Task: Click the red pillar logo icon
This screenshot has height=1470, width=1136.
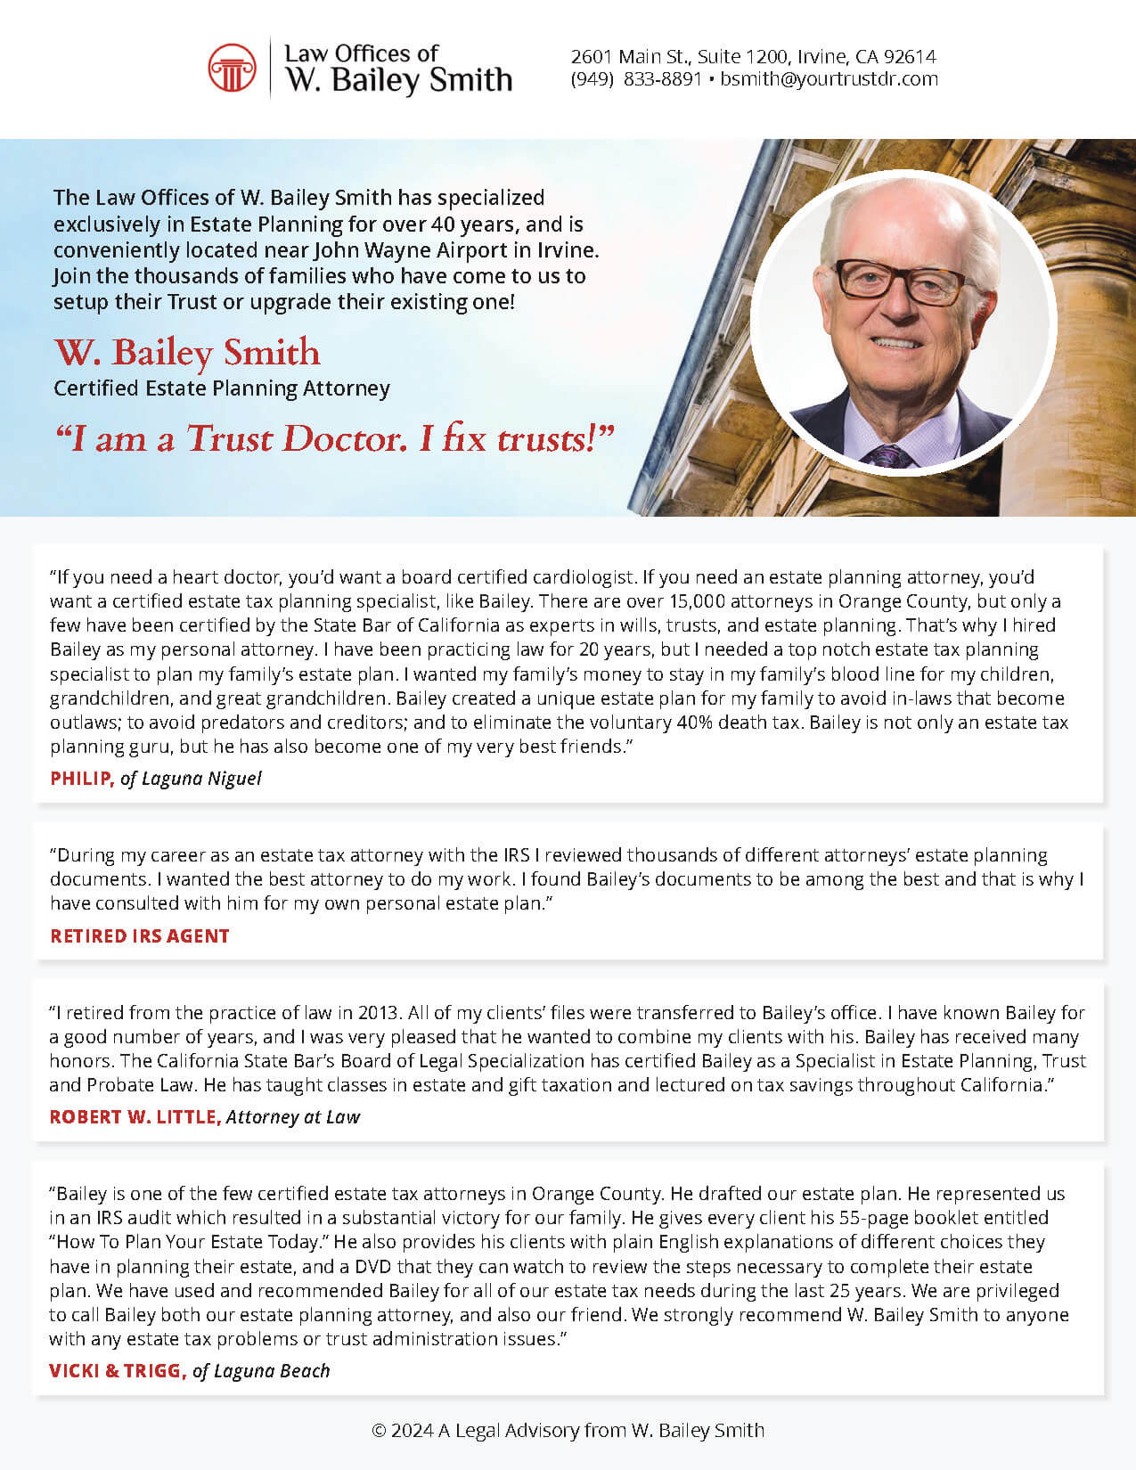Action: click(232, 68)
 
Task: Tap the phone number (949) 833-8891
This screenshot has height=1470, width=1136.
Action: click(636, 79)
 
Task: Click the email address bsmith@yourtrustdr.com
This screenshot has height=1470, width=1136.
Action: click(829, 79)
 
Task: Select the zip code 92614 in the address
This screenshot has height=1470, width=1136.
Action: click(910, 57)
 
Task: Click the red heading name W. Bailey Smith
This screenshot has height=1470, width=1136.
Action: click(187, 353)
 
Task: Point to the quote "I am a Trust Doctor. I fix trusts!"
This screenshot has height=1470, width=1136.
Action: click(335, 438)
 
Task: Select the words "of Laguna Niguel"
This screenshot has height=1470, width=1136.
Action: click(191, 779)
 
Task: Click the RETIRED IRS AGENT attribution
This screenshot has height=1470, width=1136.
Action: click(140, 936)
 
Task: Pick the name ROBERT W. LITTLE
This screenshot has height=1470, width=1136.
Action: click(135, 1117)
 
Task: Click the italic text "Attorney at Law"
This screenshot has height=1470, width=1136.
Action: click(293, 1117)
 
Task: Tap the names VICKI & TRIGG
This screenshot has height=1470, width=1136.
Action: click(118, 1371)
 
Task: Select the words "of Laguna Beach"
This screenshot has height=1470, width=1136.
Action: click(261, 1371)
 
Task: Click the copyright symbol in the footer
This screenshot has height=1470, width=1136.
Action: click(379, 1431)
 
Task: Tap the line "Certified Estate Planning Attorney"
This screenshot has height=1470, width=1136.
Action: click(222, 388)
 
